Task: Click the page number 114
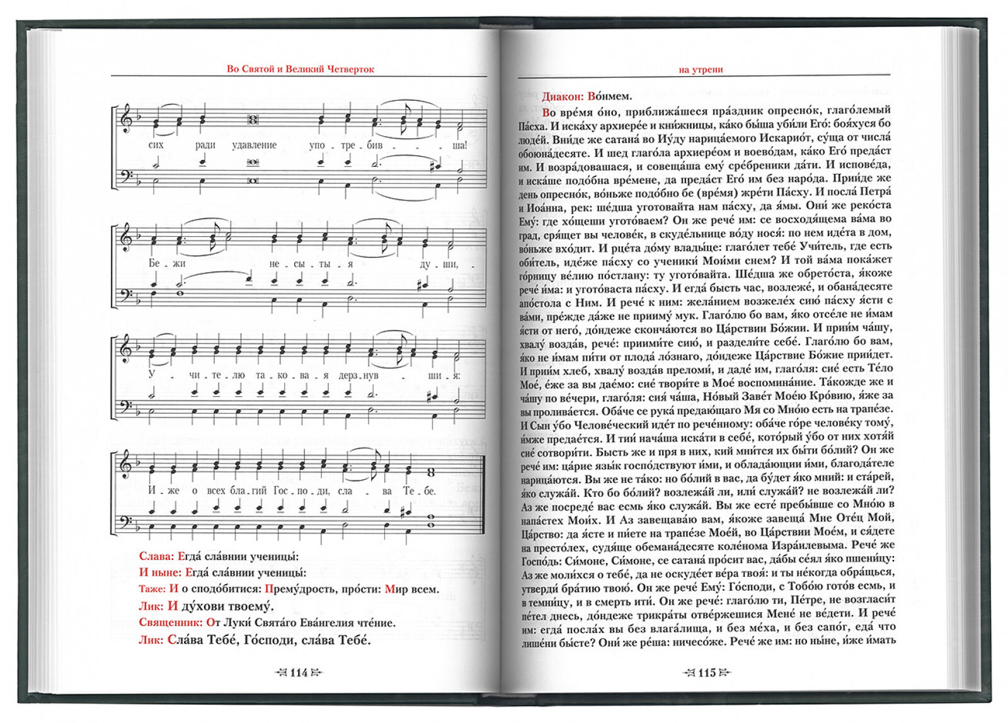click(x=299, y=673)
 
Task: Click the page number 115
click(x=707, y=673)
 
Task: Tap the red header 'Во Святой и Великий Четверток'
click(x=300, y=69)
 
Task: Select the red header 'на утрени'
click(x=701, y=69)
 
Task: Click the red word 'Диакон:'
click(x=563, y=96)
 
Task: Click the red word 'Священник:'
click(x=171, y=623)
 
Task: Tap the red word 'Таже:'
click(x=152, y=589)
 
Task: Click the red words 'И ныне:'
click(x=160, y=572)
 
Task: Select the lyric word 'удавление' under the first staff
click(x=254, y=145)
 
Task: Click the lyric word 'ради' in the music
click(x=205, y=145)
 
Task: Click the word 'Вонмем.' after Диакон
click(x=609, y=96)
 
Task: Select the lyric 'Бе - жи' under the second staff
click(x=166, y=263)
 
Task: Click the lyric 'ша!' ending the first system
click(x=460, y=145)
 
